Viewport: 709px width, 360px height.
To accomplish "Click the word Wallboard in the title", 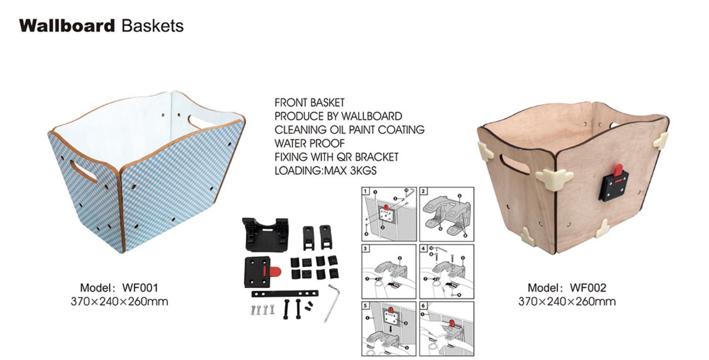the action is coord(67,26).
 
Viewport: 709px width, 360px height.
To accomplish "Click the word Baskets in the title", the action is coord(152,26).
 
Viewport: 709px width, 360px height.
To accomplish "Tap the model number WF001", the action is coord(140,288).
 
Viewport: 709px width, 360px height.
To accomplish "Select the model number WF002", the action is coord(588,288).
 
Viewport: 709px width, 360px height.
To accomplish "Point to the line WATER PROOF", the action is coord(310,143).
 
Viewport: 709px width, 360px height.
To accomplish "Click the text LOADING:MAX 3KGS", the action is coord(326,171).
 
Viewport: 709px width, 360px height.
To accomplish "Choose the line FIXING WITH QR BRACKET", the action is coord(337,157).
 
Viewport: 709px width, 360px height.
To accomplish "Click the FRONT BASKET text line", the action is coord(310,103).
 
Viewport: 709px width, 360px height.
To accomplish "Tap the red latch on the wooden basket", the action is coord(618,170).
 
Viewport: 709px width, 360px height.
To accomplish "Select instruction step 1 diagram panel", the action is coord(389,214).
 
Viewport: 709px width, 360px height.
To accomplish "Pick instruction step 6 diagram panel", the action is coord(447,329).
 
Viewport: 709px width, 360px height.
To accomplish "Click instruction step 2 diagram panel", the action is coord(447,214).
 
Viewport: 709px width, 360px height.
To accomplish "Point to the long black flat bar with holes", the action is coord(285,293).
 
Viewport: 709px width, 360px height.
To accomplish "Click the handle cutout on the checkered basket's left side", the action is coord(83,171).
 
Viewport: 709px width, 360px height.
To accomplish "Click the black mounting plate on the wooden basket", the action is coord(613,186).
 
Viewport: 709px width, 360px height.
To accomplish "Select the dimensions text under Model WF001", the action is coord(119,301).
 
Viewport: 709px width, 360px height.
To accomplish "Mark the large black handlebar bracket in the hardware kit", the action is coord(266,234).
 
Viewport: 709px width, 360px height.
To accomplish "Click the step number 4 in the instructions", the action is coord(424,249).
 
